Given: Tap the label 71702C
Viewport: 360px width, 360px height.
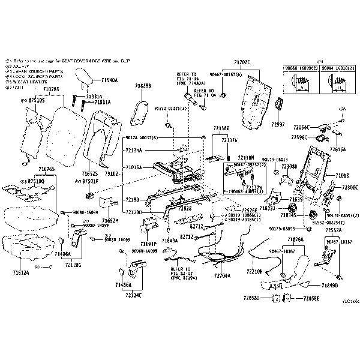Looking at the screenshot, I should [x=242, y=62].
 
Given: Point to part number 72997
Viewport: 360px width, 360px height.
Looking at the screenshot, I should [x=278, y=124].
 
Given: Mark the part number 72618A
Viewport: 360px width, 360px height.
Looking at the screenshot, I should [x=337, y=149].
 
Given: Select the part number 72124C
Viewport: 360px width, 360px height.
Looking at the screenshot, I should [x=134, y=296].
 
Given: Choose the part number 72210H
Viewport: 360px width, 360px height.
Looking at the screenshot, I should [x=254, y=272].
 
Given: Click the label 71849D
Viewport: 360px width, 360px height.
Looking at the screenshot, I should [x=329, y=285].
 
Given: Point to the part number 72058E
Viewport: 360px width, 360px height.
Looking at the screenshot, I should [x=311, y=298].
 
